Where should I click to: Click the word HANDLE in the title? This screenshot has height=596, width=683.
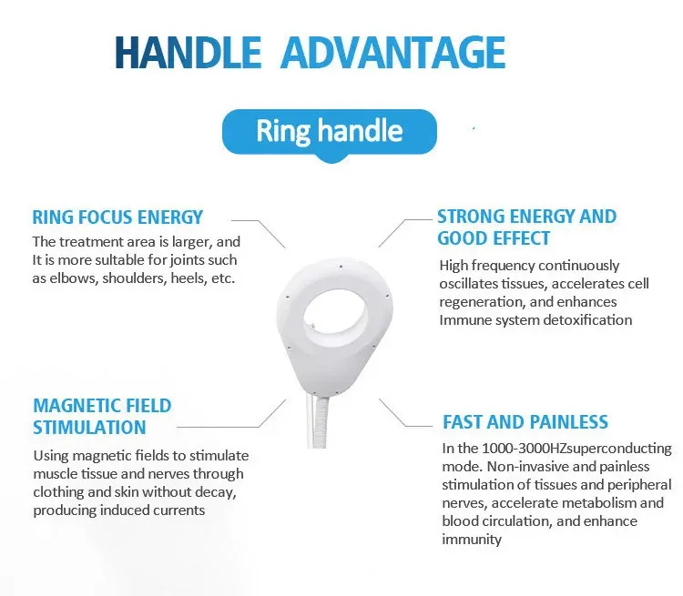pos(188,52)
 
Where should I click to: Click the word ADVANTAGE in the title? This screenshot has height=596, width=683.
pos(392,52)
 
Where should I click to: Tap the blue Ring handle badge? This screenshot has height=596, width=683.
pos(329,130)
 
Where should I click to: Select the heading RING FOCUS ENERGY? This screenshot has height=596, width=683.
pos(117,217)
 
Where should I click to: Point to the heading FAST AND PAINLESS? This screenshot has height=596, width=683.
pos(525,422)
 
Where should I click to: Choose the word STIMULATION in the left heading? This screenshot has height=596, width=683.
pos(89,428)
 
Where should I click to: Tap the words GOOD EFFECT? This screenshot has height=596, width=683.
pos(494,238)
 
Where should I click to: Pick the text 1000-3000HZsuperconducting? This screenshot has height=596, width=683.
pos(576,449)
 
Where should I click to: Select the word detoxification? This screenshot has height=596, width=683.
pos(587,319)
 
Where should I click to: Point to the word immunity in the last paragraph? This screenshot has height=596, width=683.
pos(472,540)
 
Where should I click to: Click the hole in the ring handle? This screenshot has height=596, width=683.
pos(338,323)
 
